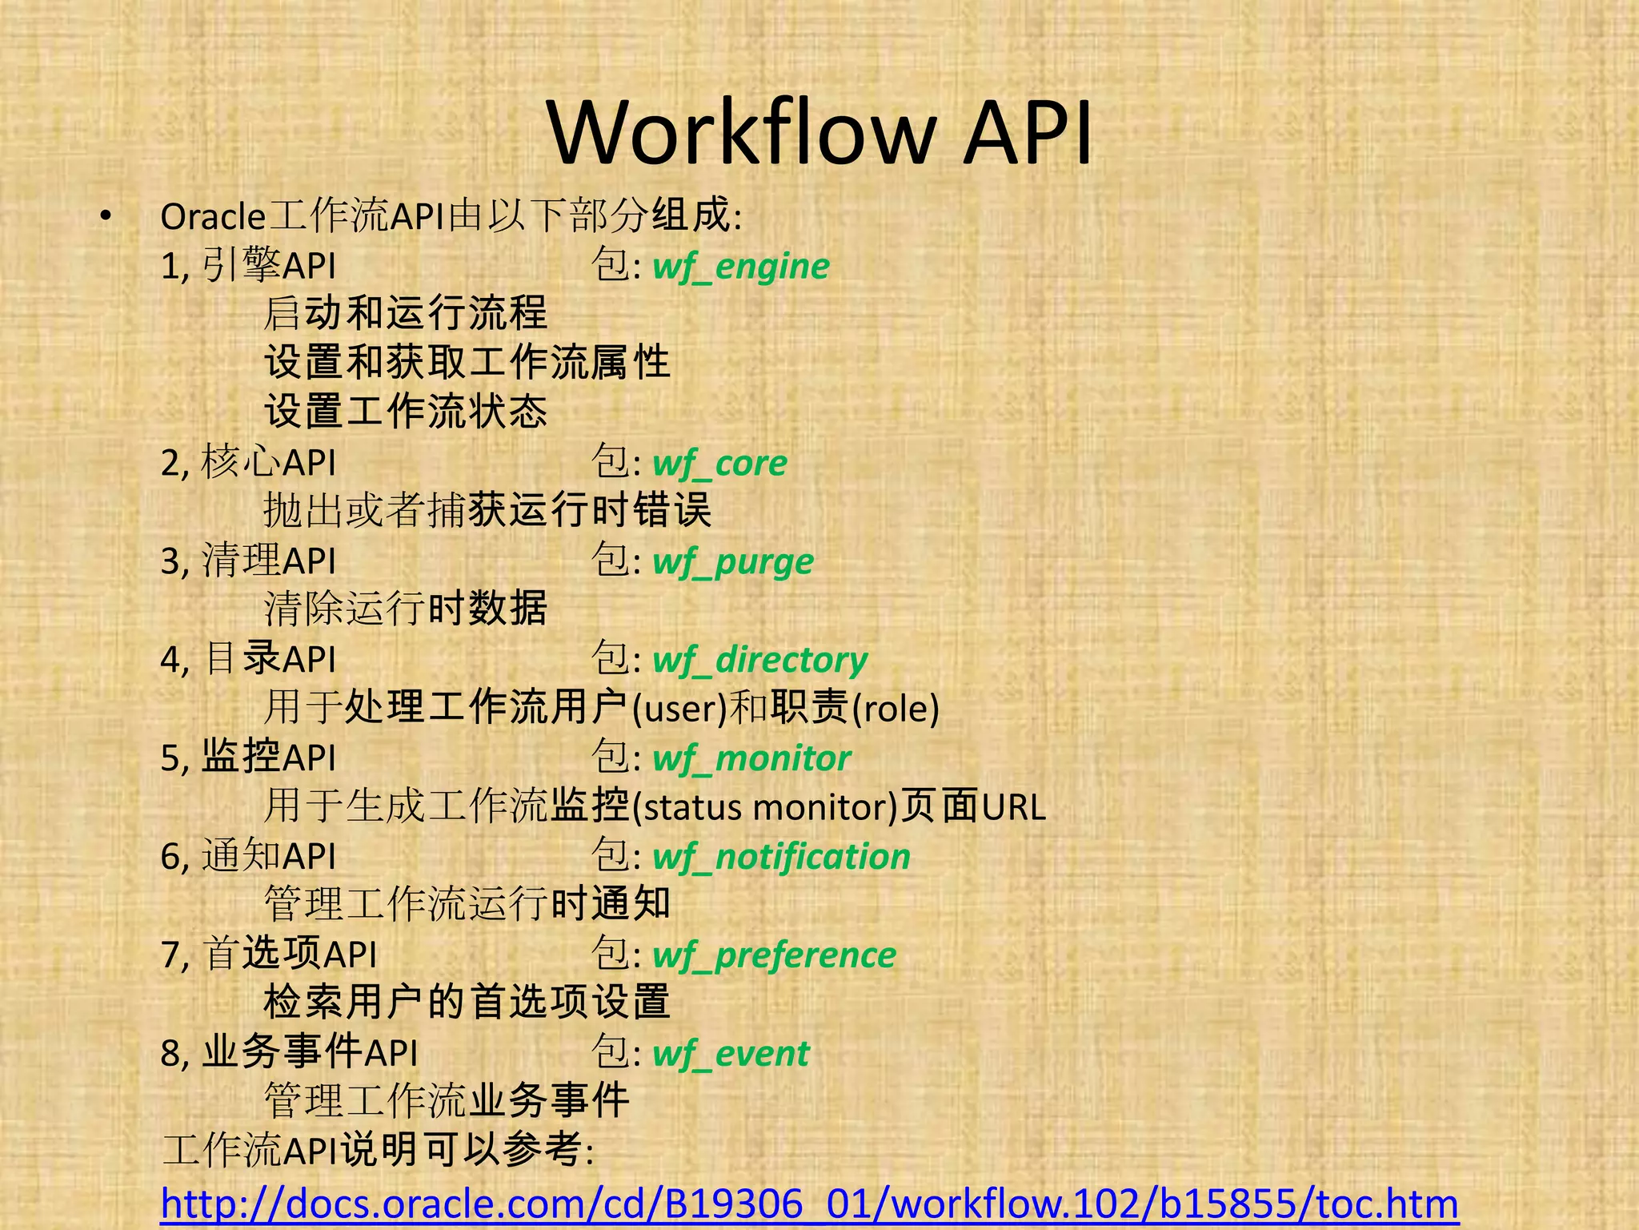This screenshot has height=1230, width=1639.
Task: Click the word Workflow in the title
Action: pyautogui.click(x=742, y=132)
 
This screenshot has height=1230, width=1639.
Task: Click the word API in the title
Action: pyautogui.click(x=1028, y=132)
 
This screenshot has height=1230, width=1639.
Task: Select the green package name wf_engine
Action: pyautogui.click(x=741, y=267)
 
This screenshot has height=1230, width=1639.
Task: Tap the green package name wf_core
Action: pyautogui.click(x=720, y=464)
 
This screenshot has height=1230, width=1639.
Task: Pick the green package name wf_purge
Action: pyautogui.click(x=733, y=562)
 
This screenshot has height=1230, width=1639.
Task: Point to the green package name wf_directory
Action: pyautogui.click(x=760, y=661)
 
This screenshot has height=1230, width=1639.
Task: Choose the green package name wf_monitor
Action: pyautogui.click(x=751, y=758)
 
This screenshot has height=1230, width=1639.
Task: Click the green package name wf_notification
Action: pyautogui.click(x=782, y=857)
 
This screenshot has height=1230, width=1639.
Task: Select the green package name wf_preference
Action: pyautogui.click(x=775, y=955)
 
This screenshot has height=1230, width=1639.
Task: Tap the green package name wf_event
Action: pyautogui.click(x=731, y=1054)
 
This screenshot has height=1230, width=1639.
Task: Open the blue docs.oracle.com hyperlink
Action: pyautogui.click(x=809, y=1204)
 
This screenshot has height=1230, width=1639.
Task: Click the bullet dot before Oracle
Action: pyautogui.click(x=106, y=216)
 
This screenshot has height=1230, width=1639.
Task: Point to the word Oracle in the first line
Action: pyautogui.click(x=213, y=217)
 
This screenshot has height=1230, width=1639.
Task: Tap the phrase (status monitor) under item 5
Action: pyautogui.click(x=765, y=807)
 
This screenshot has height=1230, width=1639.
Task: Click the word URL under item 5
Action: pyautogui.click(x=1014, y=807)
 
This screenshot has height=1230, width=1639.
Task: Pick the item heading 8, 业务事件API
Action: pyautogui.click(x=289, y=1053)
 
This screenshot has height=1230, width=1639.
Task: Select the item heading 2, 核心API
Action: pyautogui.click(x=248, y=464)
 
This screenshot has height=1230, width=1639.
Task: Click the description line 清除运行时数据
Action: pyautogui.click(x=406, y=609)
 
